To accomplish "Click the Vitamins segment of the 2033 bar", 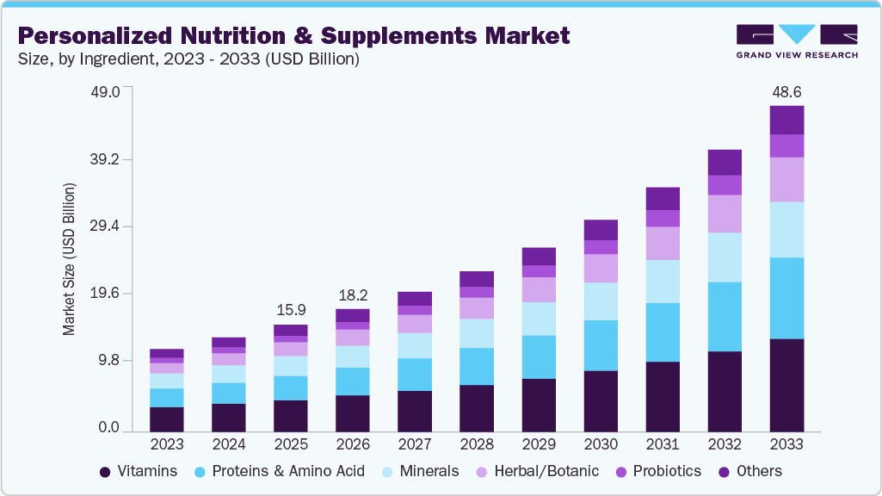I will tap(786, 385).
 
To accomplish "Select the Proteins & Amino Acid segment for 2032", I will tap(725, 316).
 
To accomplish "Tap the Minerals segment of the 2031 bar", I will tap(663, 281).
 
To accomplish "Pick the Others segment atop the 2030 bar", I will tap(601, 230).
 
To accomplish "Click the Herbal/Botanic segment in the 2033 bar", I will tap(786, 179).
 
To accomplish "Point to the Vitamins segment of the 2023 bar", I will tap(167, 418).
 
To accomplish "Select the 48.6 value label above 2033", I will tap(786, 91).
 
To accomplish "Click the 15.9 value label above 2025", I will tap(291, 309).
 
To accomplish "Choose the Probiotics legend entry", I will tap(658, 471).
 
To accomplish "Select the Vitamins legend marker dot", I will tap(105, 472).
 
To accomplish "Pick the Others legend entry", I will tap(750, 471).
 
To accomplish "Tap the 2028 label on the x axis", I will tap(477, 444).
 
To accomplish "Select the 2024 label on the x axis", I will tap(229, 444).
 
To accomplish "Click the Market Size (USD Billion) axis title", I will tap(69, 259).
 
